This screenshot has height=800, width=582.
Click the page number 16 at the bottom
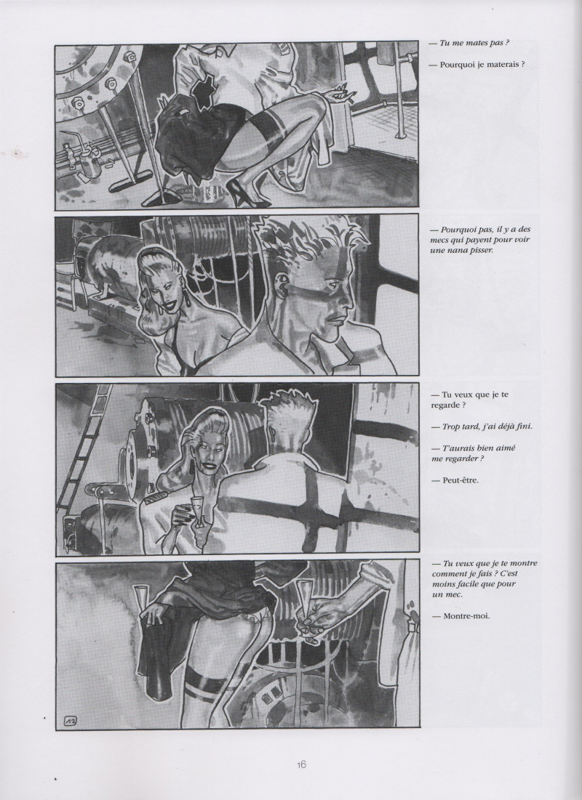point(301,764)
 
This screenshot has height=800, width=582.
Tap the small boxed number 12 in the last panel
point(71,720)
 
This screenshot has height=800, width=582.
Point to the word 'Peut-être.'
point(455,480)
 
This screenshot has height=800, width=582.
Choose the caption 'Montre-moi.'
point(461,616)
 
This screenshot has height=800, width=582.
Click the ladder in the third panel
point(84,450)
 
